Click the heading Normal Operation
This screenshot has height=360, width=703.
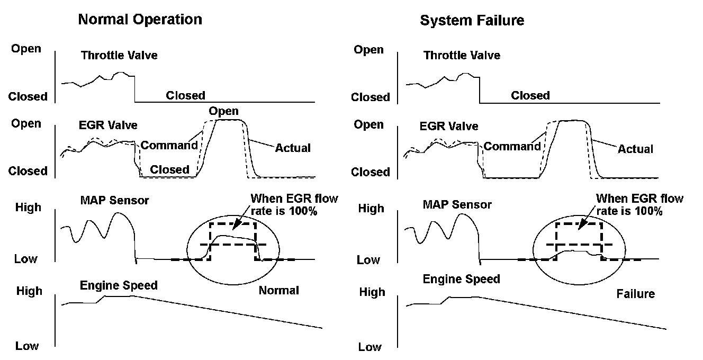[x=140, y=20]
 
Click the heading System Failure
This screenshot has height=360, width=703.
[x=472, y=20]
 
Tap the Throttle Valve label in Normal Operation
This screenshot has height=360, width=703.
[x=119, y=55]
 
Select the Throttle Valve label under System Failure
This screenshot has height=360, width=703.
[x=462, y=55]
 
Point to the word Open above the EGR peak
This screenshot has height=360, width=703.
[x=223, y=111]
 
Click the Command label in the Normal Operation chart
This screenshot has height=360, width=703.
[x=169, y=145]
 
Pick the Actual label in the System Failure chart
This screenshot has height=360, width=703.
[x=635, y=149]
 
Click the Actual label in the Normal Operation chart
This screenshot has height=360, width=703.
[x=293, y=148]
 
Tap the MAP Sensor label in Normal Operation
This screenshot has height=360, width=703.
[x=114, y=200]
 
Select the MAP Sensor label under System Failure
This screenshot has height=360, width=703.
[x=457, y=204]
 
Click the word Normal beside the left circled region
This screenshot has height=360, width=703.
[x=279, y=290]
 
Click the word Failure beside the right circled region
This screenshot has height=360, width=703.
[x=635, y=293]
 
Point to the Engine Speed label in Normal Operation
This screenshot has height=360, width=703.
[x=119, y=285]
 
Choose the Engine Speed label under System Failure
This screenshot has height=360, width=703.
[x=461, y=278]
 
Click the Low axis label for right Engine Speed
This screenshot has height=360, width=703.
[x=369, y=347]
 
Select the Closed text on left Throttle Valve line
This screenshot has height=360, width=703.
[x=185, y=95]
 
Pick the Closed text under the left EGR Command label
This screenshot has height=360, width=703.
[x=169, y=169]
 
